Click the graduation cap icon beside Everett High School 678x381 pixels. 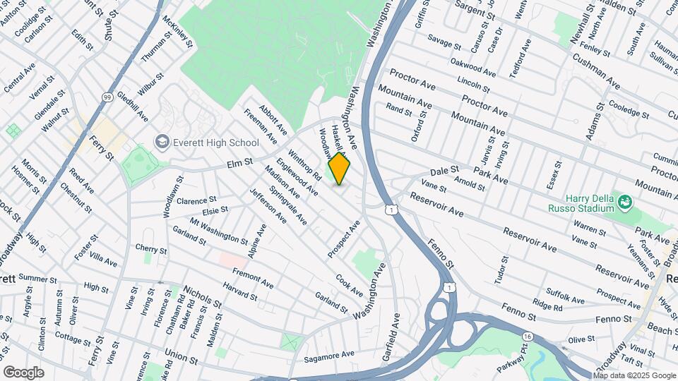162,142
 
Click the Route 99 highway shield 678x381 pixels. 107,97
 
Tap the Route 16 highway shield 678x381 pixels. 528,337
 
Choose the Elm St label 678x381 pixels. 240,162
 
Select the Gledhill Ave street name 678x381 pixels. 133,106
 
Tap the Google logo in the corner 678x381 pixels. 23,372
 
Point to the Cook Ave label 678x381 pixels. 350,285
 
